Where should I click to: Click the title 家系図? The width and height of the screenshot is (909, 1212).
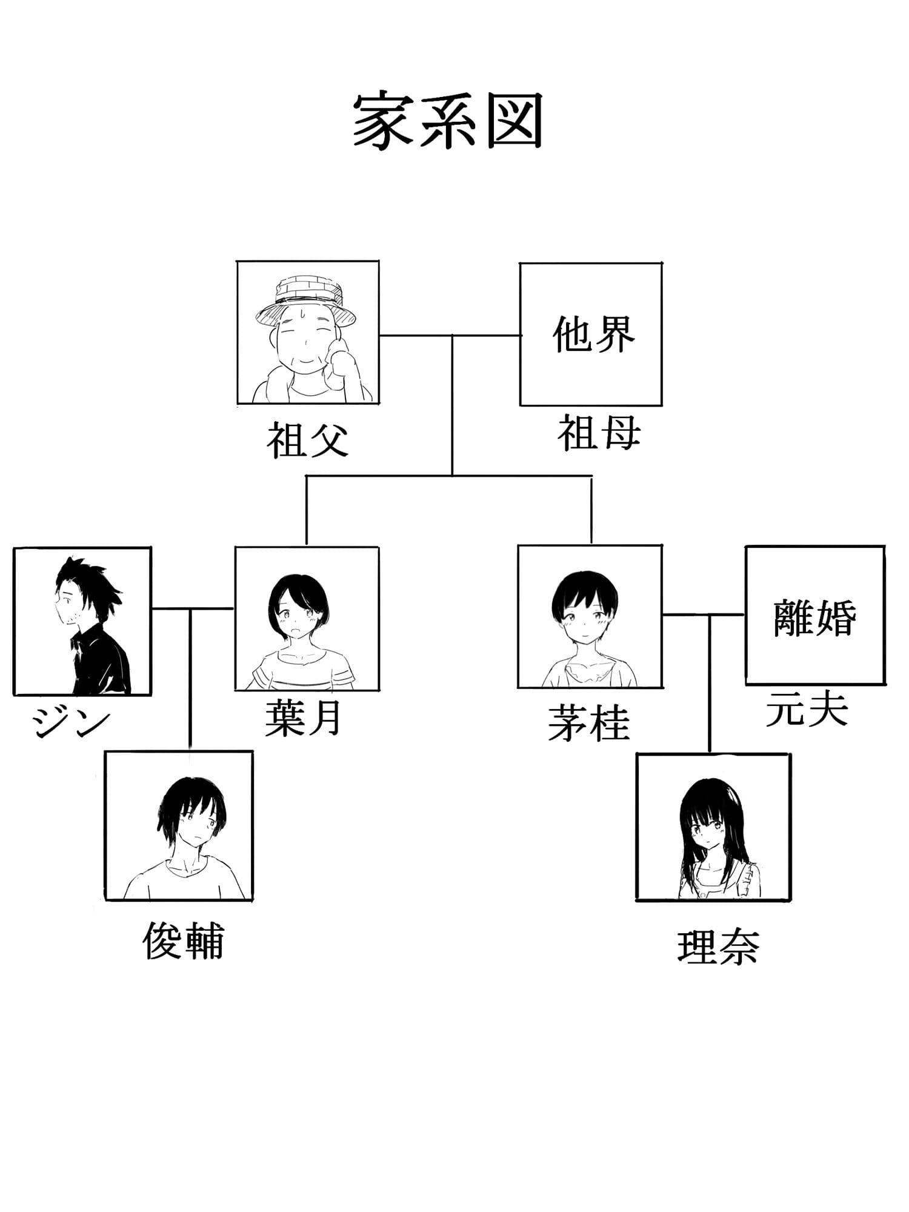point(447,121)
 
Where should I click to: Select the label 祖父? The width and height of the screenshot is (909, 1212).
point(308,441)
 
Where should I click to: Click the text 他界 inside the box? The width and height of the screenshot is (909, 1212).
point(593,335)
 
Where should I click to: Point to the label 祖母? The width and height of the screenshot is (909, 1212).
point(599,433)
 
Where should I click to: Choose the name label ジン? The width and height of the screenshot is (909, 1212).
point(72,722)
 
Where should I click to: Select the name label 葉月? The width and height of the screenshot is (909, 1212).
point(303,719)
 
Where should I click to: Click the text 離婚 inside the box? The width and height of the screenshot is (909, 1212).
point(814,618)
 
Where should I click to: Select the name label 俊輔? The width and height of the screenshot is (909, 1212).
point(183,941)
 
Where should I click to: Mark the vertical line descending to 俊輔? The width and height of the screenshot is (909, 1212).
point(190,679)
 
